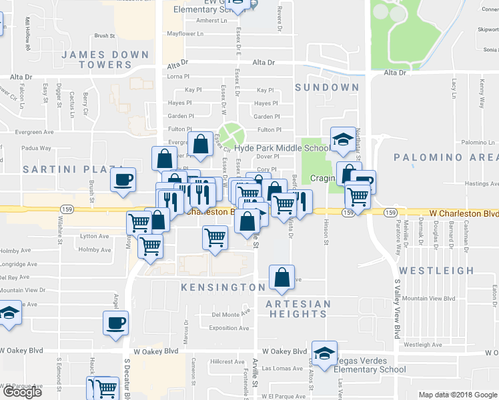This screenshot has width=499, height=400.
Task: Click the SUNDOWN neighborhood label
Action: click(x=327, y=87)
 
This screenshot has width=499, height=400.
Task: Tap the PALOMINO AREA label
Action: click(x=446, y=157)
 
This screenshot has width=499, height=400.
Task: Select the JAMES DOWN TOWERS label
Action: click(x=96, y=59)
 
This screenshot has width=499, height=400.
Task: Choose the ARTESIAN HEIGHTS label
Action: click(x=298, y=309)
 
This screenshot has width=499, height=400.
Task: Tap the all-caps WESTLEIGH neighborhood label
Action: click(x=436, y=271)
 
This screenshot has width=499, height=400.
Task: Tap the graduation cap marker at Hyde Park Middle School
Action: click(x=343, y=139)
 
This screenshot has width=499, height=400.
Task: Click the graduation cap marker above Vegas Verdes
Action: click(x=324, y=353)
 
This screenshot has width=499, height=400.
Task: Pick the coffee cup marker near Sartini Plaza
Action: click(x=123, y=180)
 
